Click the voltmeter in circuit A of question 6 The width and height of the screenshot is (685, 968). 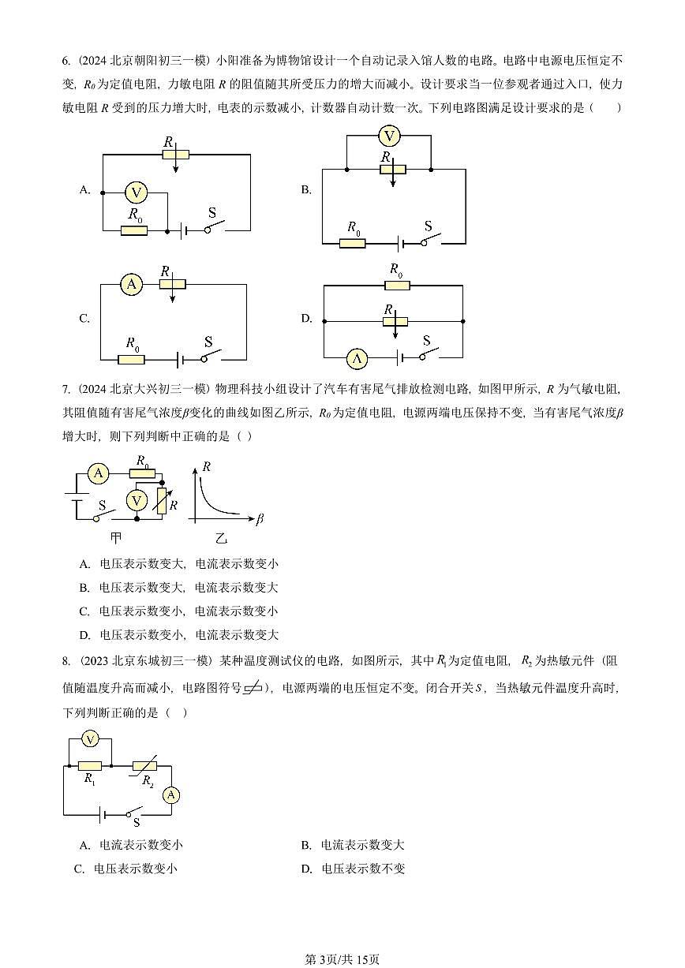[x=137, y=192]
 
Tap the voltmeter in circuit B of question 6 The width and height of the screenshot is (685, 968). [x=387, y=136]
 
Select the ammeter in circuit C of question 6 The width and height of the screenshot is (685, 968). [x=132, y=285]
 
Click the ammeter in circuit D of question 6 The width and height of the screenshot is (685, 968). [x=357, y=359]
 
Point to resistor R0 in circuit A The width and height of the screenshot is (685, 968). [x=133, y=230]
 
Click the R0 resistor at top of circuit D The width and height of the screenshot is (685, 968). [x=397, y=285]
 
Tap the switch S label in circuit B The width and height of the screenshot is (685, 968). [x=428, y=226]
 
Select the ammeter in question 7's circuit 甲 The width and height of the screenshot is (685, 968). [x=99, y=473]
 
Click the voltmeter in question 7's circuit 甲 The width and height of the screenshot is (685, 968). [x=137, y=501]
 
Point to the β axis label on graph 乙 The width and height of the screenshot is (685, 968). [x=260, y=519]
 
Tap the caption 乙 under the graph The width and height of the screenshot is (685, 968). [x=221, y=538]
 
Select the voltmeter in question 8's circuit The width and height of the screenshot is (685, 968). [x=91, y=738]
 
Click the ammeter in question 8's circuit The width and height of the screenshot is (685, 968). [x=171, y=795]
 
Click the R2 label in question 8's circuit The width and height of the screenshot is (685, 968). [x=147, y=780]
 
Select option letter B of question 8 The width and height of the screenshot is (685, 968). [x=305, y=845]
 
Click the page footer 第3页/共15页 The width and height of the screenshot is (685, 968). [x=342, y=959]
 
